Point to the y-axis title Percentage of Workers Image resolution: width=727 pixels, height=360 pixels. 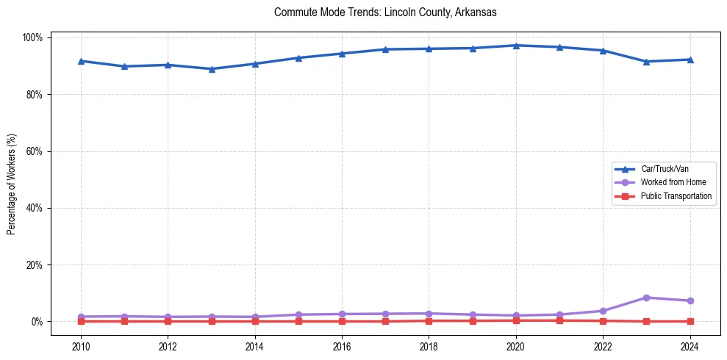pos(12,179)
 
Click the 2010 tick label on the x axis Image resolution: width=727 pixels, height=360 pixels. pos(81,346)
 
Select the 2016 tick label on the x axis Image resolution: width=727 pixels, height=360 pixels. pos(342,346)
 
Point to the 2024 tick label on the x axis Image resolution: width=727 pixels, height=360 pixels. pos(690,346)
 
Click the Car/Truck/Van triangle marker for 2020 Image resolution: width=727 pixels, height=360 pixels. pos(516,46)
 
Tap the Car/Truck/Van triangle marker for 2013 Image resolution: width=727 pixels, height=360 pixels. pos(212,69)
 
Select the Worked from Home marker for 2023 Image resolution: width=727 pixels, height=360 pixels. pos(646,298)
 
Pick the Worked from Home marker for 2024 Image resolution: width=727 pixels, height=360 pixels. pos(690,300)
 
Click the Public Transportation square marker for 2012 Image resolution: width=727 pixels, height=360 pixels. pos(168,321)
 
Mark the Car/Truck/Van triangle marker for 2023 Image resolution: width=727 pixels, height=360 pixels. pos(646,62)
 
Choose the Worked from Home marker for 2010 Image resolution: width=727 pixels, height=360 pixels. pos(81,317)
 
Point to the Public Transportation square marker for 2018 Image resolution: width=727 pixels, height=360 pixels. pos(429,320)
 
